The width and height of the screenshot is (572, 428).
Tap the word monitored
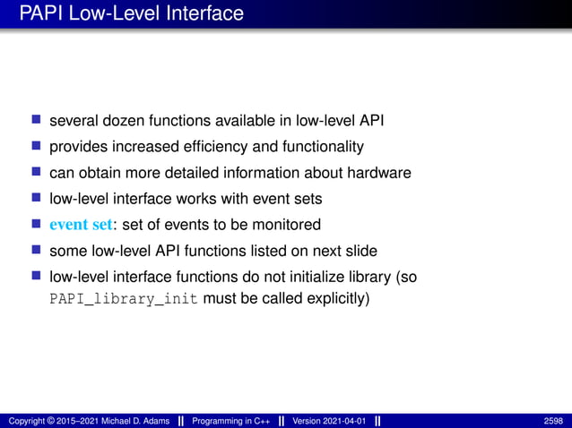[290, 224]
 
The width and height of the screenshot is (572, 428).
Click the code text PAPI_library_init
[124, 299]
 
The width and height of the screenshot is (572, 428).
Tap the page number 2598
[553, 421]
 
